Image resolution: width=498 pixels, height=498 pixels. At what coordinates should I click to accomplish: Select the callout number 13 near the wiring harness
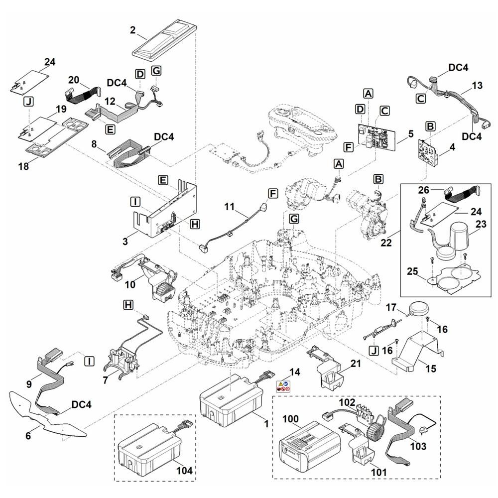(477, 86)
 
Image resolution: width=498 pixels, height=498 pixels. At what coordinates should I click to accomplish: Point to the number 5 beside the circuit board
(410, 133)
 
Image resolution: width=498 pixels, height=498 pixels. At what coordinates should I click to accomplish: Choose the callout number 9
(29, 384)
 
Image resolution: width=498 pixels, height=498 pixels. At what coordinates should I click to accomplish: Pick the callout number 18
(23, 167)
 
